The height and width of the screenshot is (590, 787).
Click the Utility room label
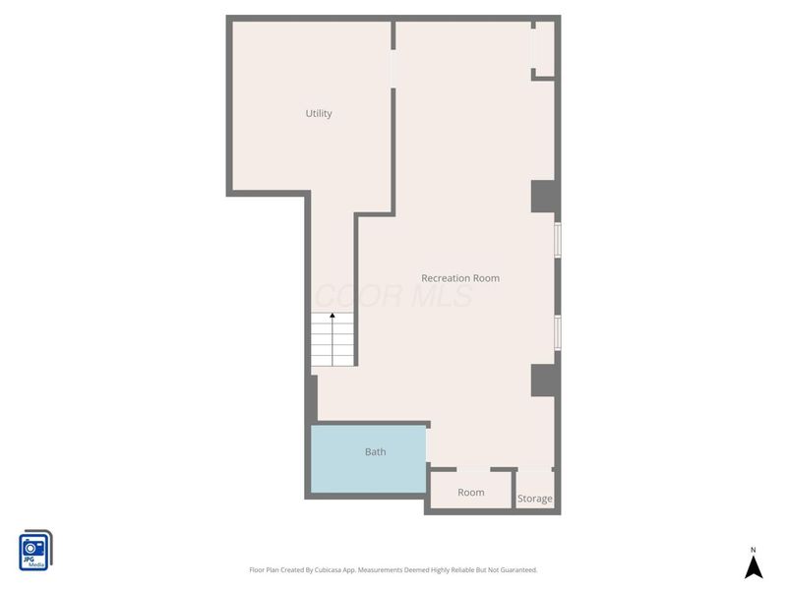[x=319, y=114]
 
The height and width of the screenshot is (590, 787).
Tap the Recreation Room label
[x=460, y=278]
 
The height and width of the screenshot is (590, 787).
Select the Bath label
[x=376, y=452]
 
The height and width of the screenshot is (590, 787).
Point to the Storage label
[x=535, y=499]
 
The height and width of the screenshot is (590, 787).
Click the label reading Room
[x=471, y=492]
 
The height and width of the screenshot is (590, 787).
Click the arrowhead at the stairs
[x=333, y=317]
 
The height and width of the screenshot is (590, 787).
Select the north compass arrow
[x=754, y=567]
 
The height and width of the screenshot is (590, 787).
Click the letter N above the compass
[x=754, y=550]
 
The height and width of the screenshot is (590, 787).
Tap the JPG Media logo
[x=35, y=551]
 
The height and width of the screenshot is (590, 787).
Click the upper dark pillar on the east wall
[x=544, y=197]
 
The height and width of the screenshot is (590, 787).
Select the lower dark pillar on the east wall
[x=544, y=380]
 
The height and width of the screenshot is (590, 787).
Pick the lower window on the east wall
[x=557, y=332]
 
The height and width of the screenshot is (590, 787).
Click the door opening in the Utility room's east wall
[x=393, y=69]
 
